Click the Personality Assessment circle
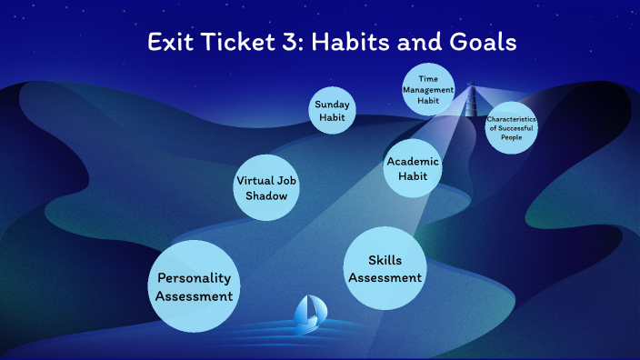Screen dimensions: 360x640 193,286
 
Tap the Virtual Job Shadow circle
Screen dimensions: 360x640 267,188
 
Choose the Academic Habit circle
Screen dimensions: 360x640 413,168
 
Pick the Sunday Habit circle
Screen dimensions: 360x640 332,111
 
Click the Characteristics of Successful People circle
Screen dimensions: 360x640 511,126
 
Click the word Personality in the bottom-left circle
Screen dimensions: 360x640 194,278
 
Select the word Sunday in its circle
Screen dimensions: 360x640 332,105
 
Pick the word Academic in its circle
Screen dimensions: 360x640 413,161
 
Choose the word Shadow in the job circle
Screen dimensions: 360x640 267,196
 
